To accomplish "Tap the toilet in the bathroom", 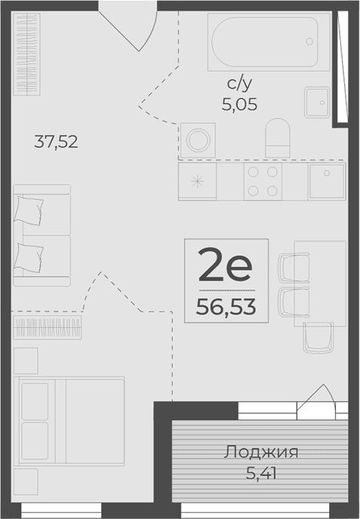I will pyautogui.click(x=277, y=138).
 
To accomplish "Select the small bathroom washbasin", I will pyautogui.click(x=317, y=99).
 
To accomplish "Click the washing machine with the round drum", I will pyautogui.click(x=198, y=140).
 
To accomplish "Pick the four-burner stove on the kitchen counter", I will pyautogui.click(x=263, y=181).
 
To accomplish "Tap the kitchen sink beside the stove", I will pyautogui.click(x=326, y=181).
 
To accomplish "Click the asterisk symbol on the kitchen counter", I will pyautogui.click(x=198, y=182).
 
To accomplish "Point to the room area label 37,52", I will pyautogui.click(x=57, y=141).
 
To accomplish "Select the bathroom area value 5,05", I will pyautogui.click(x=239, y=105).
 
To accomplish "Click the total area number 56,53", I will pyautogui.click(x=225, y=306).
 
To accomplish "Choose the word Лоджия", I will pyautogui.click(x=261, y=453).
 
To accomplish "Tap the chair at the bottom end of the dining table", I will pyautogui.click(x=318, y=337).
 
